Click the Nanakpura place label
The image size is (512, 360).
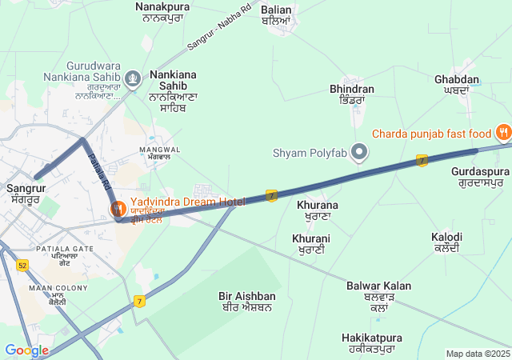(160, 11)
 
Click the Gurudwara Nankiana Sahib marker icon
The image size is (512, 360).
(133, 78)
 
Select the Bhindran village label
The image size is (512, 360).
(352, 94)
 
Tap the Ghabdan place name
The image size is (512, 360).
(457, 85)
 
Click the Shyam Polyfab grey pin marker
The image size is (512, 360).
(360, 151)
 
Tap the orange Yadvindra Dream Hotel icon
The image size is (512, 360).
(117, 209)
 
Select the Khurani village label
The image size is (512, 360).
(311, 244)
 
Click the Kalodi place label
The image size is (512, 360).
(446, 242)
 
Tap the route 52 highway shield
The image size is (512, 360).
(22, 265)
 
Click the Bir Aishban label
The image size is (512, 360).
(247, 302)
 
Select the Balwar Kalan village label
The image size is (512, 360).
(378, 291)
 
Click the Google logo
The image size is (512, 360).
(26, 350)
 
